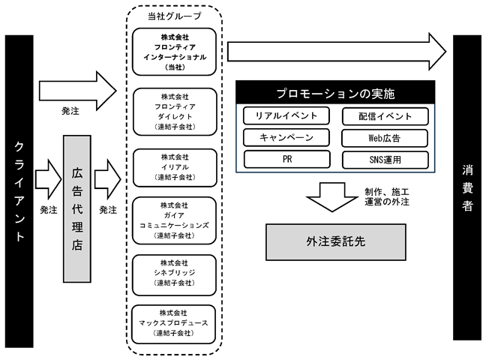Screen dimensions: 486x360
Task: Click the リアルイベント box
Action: pyautogui.click(x=286, y=115)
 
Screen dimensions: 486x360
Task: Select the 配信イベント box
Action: pyautogui.click(x=385, y=116)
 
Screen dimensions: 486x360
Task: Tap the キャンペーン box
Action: pyautogui.click(x=286, y=137)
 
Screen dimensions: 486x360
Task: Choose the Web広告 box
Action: pyautogui.click(x=385, y=138)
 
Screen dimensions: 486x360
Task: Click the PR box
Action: pyautogui.click(x=287, y=159)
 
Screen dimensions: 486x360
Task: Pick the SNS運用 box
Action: pyautogui.click(x=385, y=160)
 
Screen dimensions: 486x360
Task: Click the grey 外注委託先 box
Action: pyautogui.click(x=336, y=241)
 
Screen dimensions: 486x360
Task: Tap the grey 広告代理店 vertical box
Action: pyautogui.click(x=77, y=208)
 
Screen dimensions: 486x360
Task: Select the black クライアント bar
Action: pyautogui.click(x=19, y=191)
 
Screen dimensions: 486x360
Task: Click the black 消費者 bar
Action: pyautogui.click(x=467, y=187)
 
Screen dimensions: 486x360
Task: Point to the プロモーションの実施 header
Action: pyautogui.click(x=335, y=93)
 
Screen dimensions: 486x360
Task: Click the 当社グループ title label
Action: pyautogui.click(x=175, y=16)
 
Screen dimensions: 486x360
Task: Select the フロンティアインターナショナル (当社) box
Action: pyautogui.click(x=174, y=52)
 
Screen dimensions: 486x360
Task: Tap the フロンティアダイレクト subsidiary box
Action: pyautogui.click(x=175, y=112)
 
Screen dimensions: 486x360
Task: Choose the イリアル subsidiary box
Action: pyautogui.click(x=175, y=168)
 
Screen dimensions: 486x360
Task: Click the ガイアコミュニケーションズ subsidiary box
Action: pyautogui.click(x=174, y=220)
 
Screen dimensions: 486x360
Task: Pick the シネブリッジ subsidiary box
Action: pyautogui.click(x=174, y=275)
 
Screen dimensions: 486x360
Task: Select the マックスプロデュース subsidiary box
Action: pyautogui.click(x=173, y=324)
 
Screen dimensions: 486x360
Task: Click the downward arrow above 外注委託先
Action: pyautogui.click(x=332, y=197)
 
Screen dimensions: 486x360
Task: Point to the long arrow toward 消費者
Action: pyautogui.click(x=337, y=52)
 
